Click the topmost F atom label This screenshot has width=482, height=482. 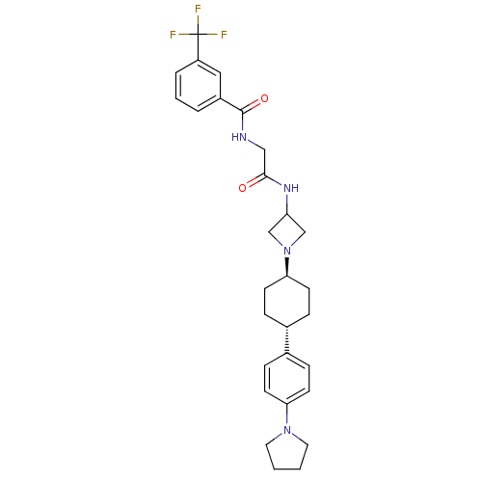click(x=198, y=10)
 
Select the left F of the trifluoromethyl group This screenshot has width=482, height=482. click(x=174, y=35)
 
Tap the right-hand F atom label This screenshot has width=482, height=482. click(x=224, y=35)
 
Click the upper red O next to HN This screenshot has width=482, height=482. click(x=264, y=98)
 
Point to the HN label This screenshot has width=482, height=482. click(x=239, y=137)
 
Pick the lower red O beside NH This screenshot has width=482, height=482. click(x=242, y=188)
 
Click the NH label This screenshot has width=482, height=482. click(x=290, y=188)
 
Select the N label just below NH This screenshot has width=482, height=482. click(x=287, y=251)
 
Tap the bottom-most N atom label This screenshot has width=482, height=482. click(x=287, y=430)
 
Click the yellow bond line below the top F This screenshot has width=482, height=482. click(x=198, y=22)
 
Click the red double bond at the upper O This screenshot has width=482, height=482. click(x=256, y=102)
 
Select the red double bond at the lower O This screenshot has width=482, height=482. click(x=252, y=182)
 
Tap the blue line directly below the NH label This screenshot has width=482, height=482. click(x=287, y=201)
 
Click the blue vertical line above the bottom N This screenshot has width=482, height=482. click(x=287, y=417)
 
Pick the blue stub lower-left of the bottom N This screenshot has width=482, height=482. click(x=278, y=437)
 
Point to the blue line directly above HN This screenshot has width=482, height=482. click(x=242, y=123)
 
